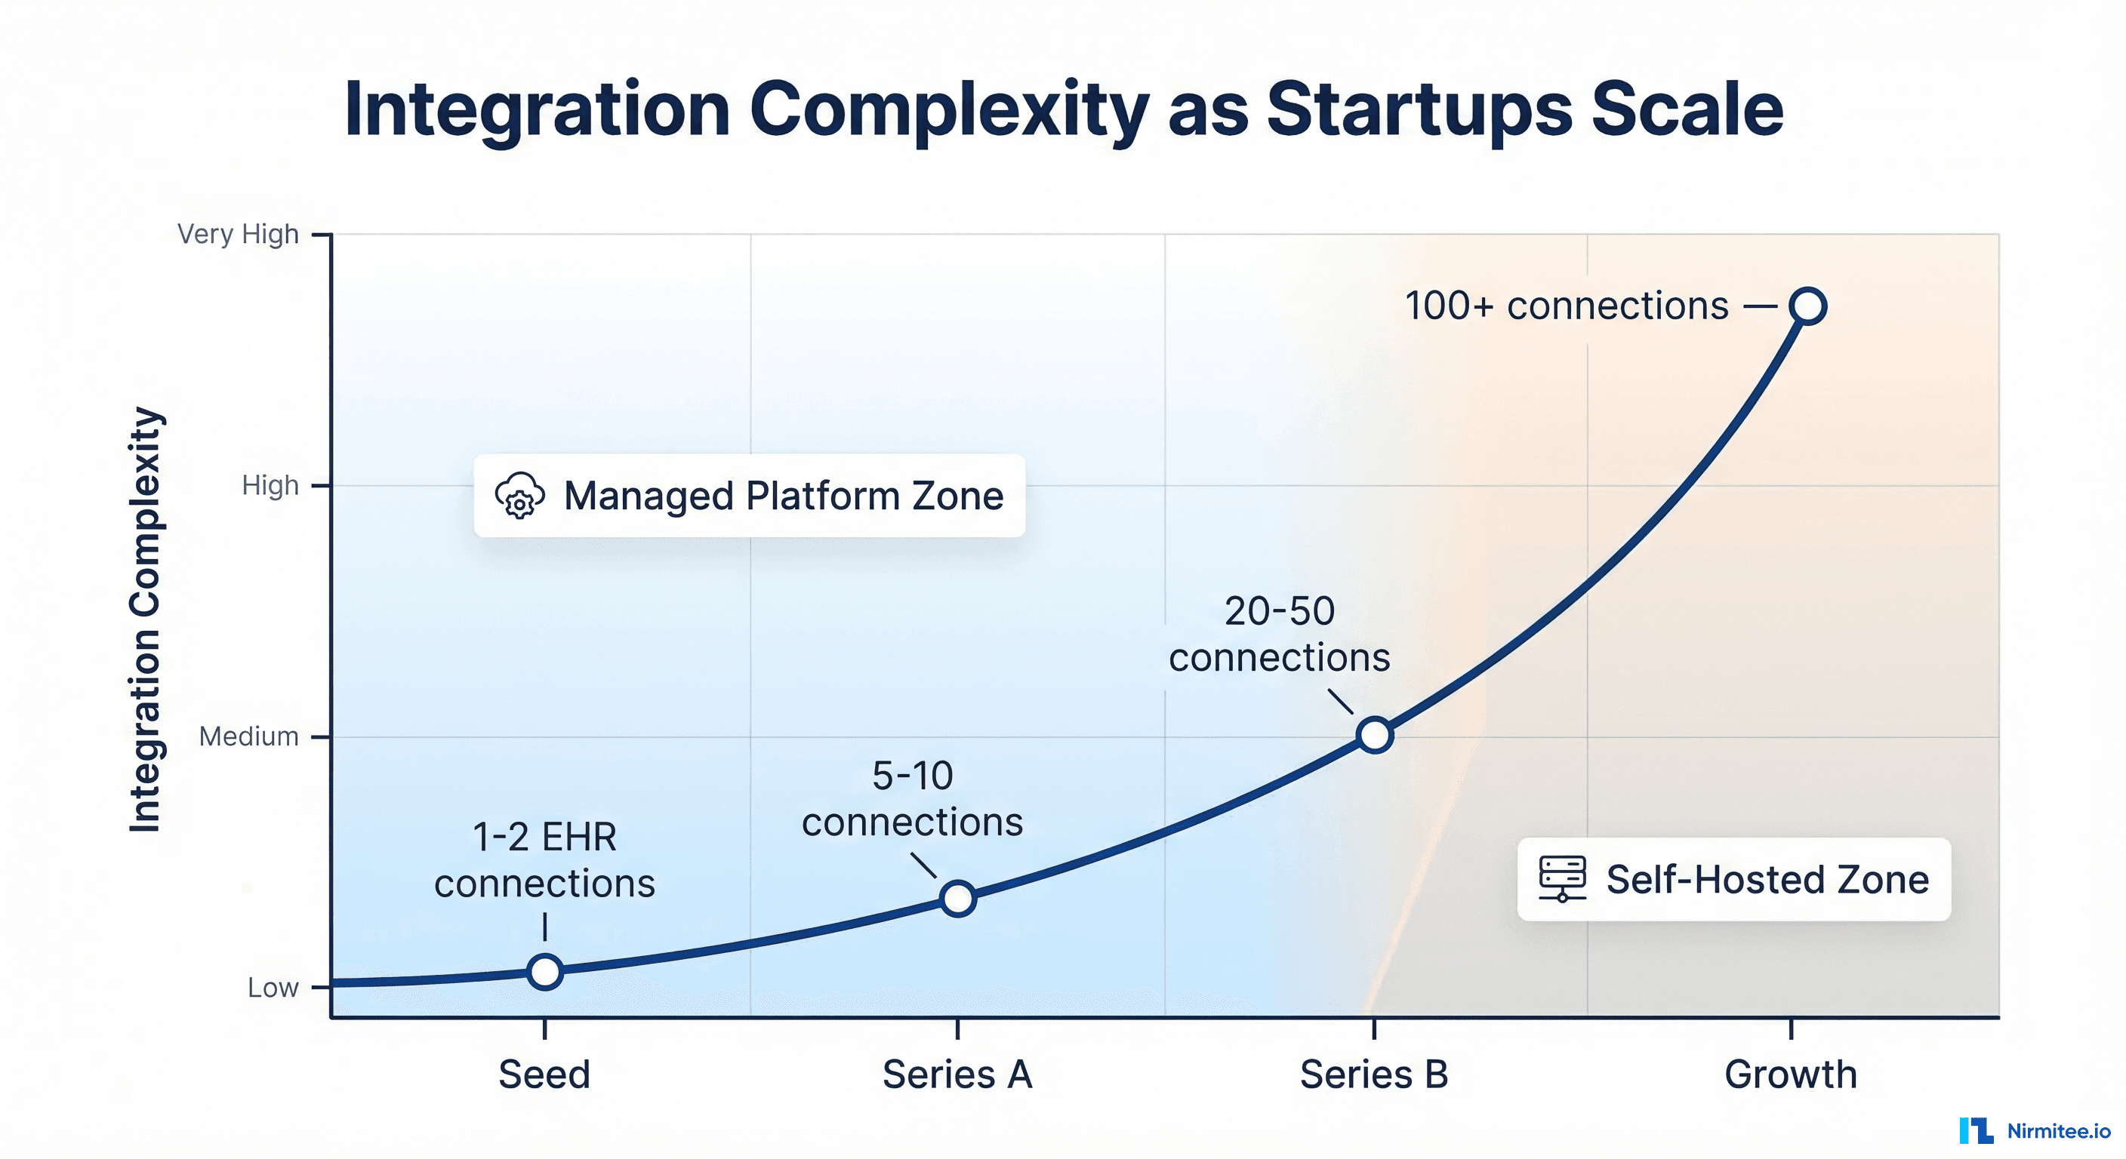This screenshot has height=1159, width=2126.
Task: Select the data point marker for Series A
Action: [x=958, y=899]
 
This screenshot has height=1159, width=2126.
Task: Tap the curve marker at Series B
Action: [x=1375, y=734]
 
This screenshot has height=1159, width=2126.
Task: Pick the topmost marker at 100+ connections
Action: [x=1807, y=306]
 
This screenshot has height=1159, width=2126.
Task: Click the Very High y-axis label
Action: [x=238, y=234]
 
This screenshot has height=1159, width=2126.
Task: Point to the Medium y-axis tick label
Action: [x=248, y=736]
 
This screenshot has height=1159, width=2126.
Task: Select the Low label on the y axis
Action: [x=273, y=988]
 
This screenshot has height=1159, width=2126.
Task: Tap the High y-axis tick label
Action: [x=270, y=485]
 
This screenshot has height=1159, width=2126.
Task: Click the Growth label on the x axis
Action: [x=1790, y=1074]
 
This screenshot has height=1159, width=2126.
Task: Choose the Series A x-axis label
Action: [x=957, y=1074]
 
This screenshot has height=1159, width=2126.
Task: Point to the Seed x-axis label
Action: [x=544, y=1074]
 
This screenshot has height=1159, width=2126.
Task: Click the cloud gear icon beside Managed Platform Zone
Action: [x=519, y=496]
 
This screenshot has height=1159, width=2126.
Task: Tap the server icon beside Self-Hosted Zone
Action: [x=1561, y=878]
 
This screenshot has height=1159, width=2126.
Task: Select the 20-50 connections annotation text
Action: [x=1279, y=635]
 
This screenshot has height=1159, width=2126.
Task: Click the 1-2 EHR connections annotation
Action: [x=544, y=859]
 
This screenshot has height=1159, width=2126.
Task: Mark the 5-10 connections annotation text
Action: [x=912, y=798]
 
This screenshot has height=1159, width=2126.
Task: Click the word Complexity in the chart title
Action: [x=949, y=109]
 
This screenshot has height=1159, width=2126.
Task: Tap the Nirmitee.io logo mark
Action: [x=1976, y=1130]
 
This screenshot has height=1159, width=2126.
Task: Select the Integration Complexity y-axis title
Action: [x=145, y=619]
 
